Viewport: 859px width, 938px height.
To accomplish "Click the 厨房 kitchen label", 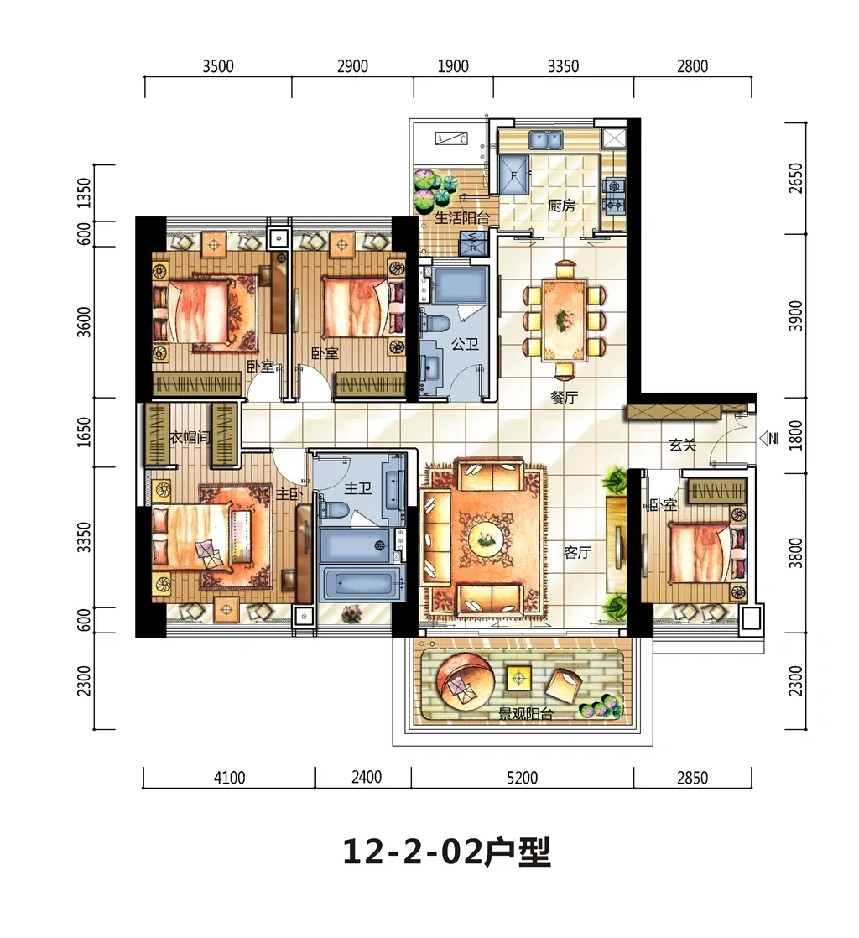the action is tap(561, 206).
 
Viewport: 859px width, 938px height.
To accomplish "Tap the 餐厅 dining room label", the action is tap(564, 398).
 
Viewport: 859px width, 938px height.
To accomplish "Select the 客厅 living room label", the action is tap(577, 552).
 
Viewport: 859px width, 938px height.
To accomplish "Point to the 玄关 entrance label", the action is tap(683, 445).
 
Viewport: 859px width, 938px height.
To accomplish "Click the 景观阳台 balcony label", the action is tap(527, 714).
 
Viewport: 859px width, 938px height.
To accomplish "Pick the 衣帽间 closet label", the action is tap(190, 438).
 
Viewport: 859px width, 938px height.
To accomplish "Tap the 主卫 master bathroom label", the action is tap(358, 489).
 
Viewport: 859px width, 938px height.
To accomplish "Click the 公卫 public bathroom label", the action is tap(465, 345).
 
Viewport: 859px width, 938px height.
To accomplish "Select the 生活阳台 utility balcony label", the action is tap(462, 218).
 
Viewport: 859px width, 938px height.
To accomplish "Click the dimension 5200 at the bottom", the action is tap(523, 778).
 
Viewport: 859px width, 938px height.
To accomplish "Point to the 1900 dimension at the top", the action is tap(453, 65).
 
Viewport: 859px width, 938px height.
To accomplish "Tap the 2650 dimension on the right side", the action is tap(795, 178).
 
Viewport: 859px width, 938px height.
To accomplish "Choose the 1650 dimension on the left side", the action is tap(85, 432).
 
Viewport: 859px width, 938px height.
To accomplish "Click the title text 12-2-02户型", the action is tap(446, 852).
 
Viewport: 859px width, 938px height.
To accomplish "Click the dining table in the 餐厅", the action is tap(563, 320).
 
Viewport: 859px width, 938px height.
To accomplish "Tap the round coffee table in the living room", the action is tap(486, 538).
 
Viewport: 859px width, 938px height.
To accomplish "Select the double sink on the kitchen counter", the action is tap(545, 139).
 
